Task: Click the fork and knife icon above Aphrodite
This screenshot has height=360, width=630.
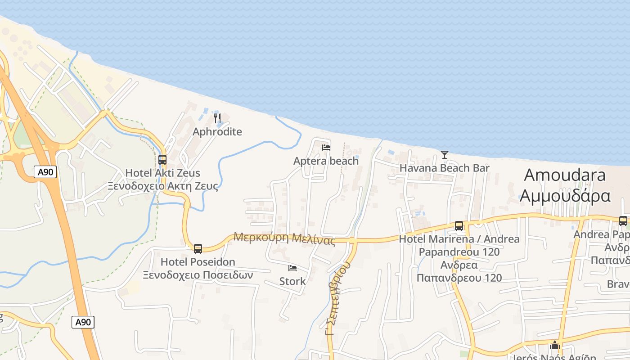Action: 217,118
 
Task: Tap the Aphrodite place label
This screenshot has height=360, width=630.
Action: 217,132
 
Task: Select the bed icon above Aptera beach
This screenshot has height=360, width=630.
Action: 326,148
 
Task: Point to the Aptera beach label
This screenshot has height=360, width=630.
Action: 326,161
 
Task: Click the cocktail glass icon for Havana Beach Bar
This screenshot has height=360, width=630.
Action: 445,155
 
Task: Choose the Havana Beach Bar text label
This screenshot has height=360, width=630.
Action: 445,168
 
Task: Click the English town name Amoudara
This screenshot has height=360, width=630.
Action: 565,175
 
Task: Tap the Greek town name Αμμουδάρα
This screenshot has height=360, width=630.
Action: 565,196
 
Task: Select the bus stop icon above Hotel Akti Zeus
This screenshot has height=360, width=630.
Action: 162,160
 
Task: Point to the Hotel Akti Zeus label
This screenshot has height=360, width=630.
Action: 162,173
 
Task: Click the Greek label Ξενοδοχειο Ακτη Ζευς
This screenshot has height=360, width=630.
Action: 162,186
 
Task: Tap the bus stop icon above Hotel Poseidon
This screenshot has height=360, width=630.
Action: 198,248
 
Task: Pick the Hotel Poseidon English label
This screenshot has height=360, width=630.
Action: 198,262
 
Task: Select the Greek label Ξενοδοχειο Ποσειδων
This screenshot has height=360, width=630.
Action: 198,275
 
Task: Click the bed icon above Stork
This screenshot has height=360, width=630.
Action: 292,269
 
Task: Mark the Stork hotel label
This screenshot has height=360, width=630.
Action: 292,282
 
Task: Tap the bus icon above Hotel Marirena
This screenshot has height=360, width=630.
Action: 459,226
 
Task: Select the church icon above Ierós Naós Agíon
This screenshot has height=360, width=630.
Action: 555,346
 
